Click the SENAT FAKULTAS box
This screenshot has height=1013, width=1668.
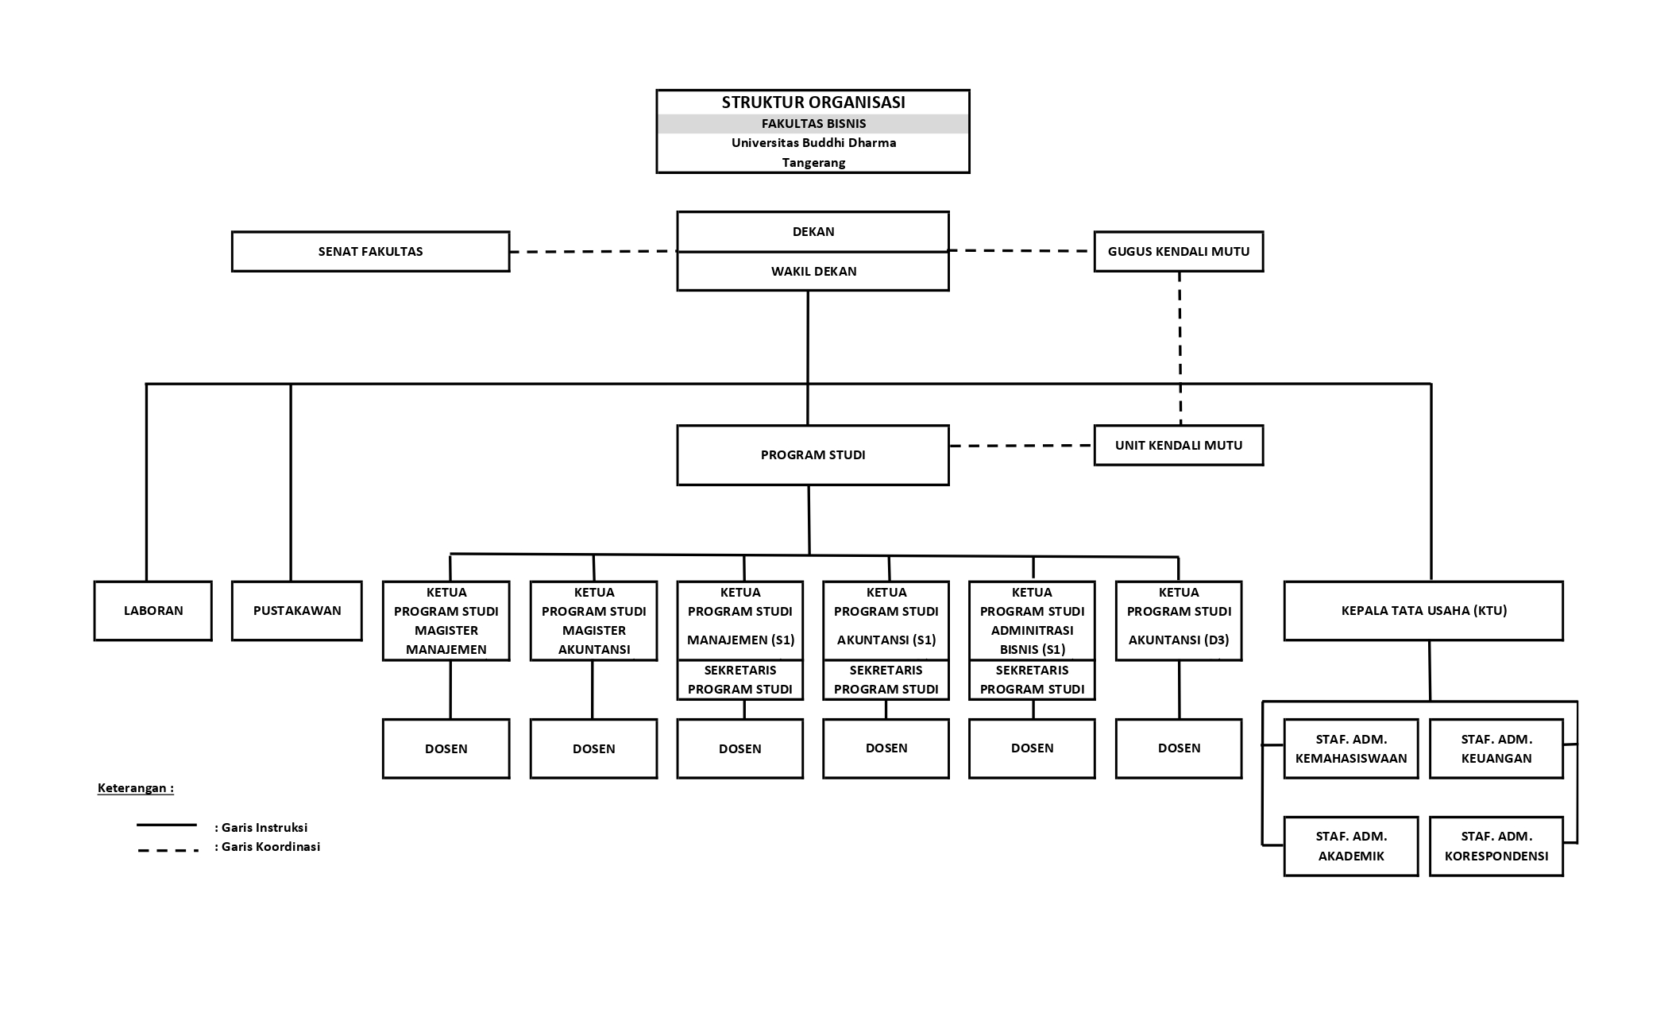pyautogui.click(x=370, y=251)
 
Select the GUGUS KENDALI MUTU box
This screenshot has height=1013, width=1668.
pyautogui.click(x=1179, y=251)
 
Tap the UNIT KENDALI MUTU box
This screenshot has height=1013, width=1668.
pyautogui.click(x=1179, y=445)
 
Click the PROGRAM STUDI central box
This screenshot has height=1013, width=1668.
pyautogui.click(x=813, y=454)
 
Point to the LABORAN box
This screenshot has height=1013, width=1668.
pyautogui.click(x=153, y=610)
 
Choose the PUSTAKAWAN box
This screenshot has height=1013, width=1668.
pyautogui.click(x=297, y=610)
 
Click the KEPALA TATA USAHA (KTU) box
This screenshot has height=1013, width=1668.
pyautogui.click(x=1423, y=610)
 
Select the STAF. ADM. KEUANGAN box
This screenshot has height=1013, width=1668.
pyautogui.click(x=1496, y=748)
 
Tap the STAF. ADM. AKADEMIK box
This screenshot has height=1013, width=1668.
pyautogui.click(x=1351, y=846)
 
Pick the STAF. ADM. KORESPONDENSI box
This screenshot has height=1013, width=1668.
pyautogui.click(x=1496, y=846)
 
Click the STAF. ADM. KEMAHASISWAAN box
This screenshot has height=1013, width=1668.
pyautogui.click(x=1351, y=748)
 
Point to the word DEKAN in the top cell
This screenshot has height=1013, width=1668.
pyautogui.click(x=813, y=232)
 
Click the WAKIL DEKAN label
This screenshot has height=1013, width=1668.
pyautogui.click(x=813, y=271)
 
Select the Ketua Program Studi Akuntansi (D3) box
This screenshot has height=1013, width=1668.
pyautogui.click(x=1179, y=621)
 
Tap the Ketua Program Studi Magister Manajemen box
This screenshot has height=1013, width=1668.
pyautogui.click(x=446, y=621)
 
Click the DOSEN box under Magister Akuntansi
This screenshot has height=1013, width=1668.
pyautogui.click(x=594, y=748)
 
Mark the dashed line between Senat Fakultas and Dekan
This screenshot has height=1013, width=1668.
pyautogui.click(x=593, y=252)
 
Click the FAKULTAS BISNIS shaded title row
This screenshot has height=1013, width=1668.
pyautogui.click(x=813, y=123)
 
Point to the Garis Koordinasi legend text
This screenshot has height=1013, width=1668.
pyautogui.click(x=268, y=847)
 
